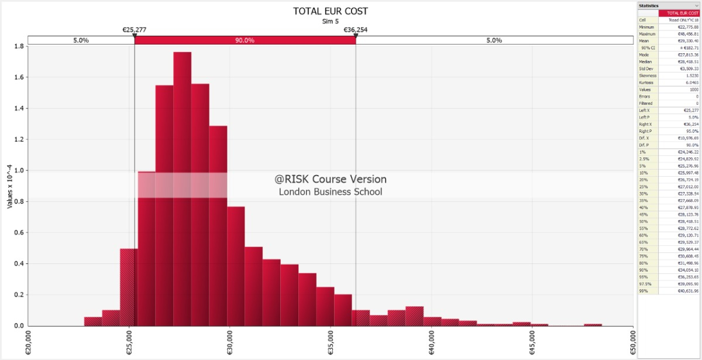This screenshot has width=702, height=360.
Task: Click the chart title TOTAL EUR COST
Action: [x=331, y=11]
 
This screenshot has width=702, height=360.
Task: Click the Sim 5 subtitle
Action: [x=331, y=21]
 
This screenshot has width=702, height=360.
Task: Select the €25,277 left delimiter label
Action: [x=134, y=29]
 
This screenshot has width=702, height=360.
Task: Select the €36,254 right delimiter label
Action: [x=355, y=29]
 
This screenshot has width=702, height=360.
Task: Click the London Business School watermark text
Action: [x=331, y=191]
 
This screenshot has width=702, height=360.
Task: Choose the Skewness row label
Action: [x=648, y=76]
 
